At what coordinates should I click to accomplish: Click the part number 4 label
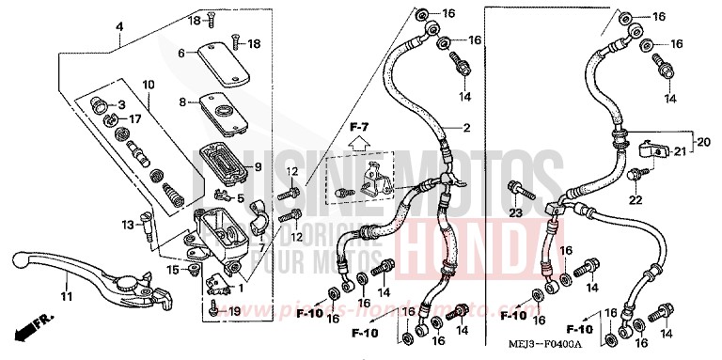(119, 27)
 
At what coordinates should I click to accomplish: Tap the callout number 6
(180, 53)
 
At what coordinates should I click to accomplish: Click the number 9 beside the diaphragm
(255, 166)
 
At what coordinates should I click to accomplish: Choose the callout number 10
(149, 86)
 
